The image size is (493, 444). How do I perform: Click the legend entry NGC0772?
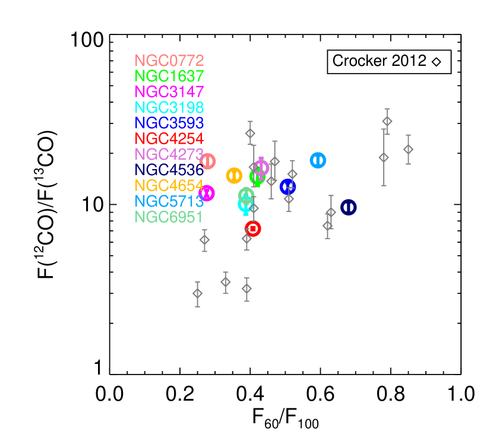pos(169,61)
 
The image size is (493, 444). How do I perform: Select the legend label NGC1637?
pos(169,76)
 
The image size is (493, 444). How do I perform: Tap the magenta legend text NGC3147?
pos(169,92)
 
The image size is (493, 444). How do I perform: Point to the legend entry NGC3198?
pos(169,107)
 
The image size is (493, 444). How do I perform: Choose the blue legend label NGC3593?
pos(169,123)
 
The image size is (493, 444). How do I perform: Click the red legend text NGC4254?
pos(169,139)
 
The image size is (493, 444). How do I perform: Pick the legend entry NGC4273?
pos(169,154)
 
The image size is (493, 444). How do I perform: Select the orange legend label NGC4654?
pos(169,186)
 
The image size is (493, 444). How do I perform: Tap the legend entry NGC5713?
pos(169,201)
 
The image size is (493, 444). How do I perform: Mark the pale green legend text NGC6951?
pos(169,217)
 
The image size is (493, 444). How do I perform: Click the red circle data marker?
pos(253,229)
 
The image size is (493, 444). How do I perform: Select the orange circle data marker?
pos(234,176)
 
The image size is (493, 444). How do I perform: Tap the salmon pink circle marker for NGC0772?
pos(208,161)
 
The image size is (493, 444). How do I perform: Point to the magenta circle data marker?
pos(207,193)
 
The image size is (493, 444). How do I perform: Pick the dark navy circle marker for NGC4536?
pos(349,207)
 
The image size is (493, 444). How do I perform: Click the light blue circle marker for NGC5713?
pos(318,160)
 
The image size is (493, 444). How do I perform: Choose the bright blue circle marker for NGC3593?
pos(287,187)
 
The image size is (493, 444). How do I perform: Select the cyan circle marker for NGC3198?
pos(245,204)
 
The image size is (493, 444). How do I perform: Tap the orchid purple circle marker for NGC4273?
pos(261,167)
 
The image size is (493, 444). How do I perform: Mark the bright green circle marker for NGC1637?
pos(257,177)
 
